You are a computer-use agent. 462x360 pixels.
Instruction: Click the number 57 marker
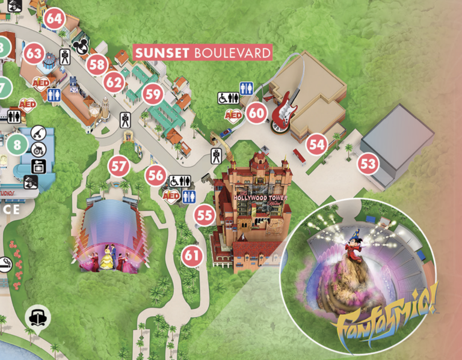point(119,165)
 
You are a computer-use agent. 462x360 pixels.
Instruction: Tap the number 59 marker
point(153,94)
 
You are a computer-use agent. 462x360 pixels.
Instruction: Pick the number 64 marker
point(54,19)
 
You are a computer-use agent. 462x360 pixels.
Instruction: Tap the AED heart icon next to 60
point(233,114)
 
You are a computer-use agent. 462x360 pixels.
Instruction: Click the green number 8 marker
point(17,144)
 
